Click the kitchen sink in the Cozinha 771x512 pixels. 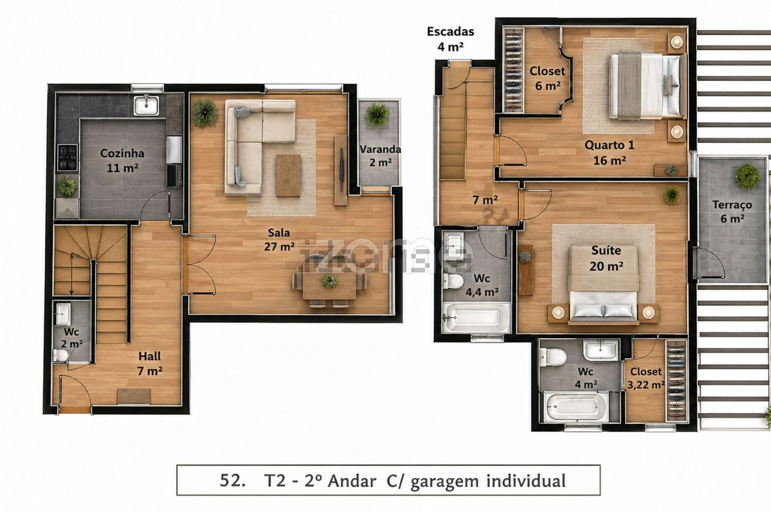pos(146,105)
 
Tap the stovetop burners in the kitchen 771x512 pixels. pos(67,157)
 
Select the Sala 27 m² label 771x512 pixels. pos(279,240)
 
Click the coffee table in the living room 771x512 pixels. pos(288,175)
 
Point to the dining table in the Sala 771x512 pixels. pos(329,286)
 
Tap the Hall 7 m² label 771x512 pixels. pos(150,363)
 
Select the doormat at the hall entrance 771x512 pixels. pos(134,396)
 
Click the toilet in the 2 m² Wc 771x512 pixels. pos(61,355)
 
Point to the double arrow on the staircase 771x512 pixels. pos(71,275)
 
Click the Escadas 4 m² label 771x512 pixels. pos(451,39)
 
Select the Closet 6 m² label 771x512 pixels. pos(547,78)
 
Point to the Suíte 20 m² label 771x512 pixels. pos(606,258)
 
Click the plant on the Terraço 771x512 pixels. pos(747,176)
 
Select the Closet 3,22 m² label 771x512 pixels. pos(646,378)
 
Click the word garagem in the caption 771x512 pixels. pos(445,481)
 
